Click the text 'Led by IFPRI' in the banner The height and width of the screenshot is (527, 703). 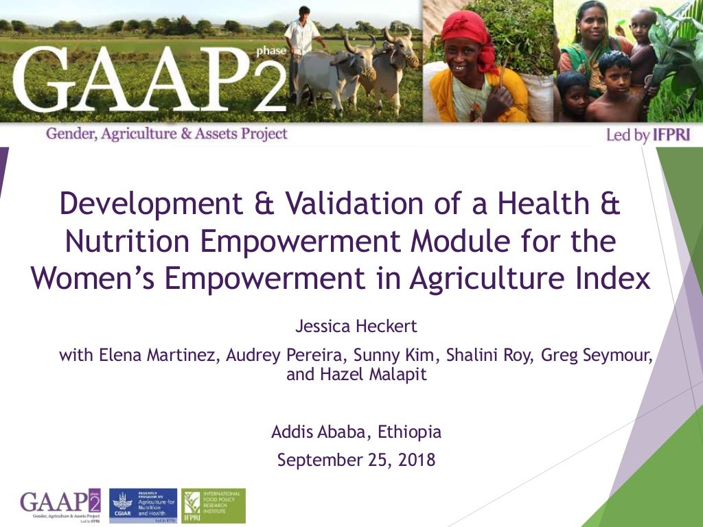(647, 135)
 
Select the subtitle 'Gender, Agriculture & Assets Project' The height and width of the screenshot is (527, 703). (166, 134)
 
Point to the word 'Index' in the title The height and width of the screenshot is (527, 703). (614, 279)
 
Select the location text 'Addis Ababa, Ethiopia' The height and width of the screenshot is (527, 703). (356, 432)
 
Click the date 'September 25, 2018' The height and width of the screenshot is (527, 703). (356, 459)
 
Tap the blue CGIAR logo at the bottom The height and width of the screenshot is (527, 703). (143, 506)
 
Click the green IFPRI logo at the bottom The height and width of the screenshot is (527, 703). (213, 506)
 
